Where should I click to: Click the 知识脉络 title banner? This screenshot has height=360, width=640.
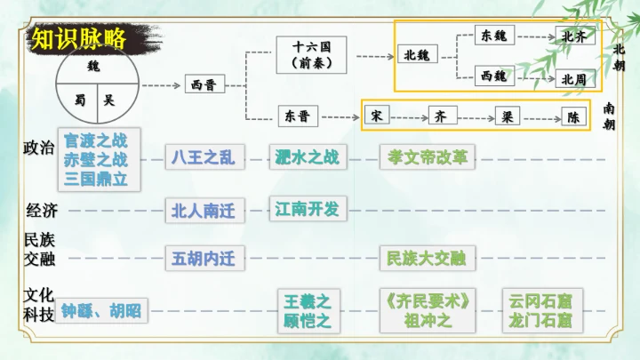(76, 38)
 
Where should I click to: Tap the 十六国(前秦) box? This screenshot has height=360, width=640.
(310, 54)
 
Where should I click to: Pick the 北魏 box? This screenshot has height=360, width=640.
(416, 55)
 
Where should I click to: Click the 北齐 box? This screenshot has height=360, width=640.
(573, 36)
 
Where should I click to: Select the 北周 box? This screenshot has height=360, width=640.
(573, 78)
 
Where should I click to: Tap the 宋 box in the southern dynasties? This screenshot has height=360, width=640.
(376, 116)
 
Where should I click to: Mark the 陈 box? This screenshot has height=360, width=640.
(573, 116)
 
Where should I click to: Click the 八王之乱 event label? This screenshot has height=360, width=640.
(204, 157)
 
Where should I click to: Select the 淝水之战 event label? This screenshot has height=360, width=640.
(307, 157)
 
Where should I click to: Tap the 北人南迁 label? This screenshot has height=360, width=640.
(204, 210)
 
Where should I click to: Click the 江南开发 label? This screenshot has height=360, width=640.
(307, 208)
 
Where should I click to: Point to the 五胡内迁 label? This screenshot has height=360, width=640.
(204, 259)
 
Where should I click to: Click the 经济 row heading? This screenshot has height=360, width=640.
(42, 211)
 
